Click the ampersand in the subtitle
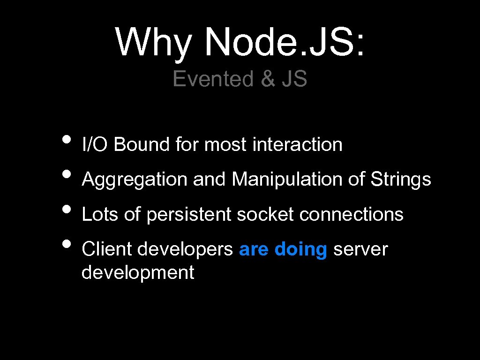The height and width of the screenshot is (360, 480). [x=268, y=79]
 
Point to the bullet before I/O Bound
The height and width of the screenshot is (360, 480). [x=67, y=139]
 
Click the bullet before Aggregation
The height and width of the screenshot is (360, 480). [x=67, y=174]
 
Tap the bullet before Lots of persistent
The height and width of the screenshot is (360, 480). [x=67, y=209]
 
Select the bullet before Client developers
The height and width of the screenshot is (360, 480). [x=67, y=244]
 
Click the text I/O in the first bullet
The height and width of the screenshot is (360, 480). [x=95, y=144]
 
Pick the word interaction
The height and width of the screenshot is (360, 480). [x=297, y=144]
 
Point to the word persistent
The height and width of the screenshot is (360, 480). [x=189, y=215]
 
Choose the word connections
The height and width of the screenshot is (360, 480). [x=351, y=215]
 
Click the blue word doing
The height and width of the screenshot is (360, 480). [x=300, y=250]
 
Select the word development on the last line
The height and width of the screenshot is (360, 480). [x=137, y=272]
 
